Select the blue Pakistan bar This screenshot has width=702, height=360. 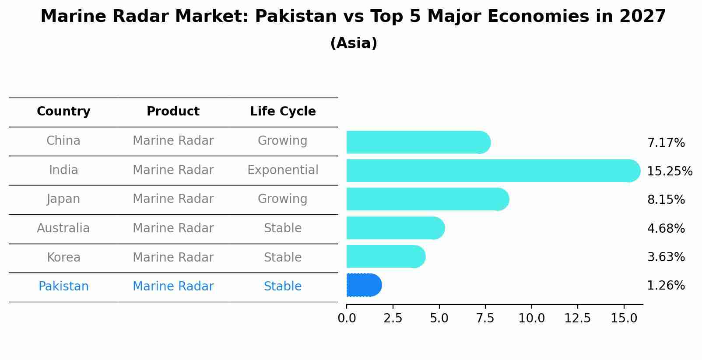(x=364, y=285)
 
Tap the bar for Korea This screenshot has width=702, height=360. (x=386, y=256)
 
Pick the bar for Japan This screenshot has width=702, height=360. (x=427, y=199)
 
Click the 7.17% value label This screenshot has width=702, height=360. (x=666, y=143)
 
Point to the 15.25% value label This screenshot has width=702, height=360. (x=669, y=171)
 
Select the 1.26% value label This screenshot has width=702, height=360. (x=666, y=286)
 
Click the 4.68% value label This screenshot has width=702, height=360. (x=666, y=228)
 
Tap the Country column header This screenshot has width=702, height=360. (x=63, y=112)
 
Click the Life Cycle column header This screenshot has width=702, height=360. (x=283, y=112)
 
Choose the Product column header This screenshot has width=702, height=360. (x=173, y=112)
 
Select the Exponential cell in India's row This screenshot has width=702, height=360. (x=283, y=170)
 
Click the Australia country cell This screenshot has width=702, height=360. (x=63, y=228)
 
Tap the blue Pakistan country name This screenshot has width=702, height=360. (x=63, y=287)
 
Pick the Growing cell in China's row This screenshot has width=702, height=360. (x=283, y=141)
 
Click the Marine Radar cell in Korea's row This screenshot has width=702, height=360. (x=173, y=257)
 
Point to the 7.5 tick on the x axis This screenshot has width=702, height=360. (x=485, y=318)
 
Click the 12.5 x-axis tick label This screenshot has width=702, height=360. (x=577, y=318)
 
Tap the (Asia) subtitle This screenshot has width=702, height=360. (x=354, y=43)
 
